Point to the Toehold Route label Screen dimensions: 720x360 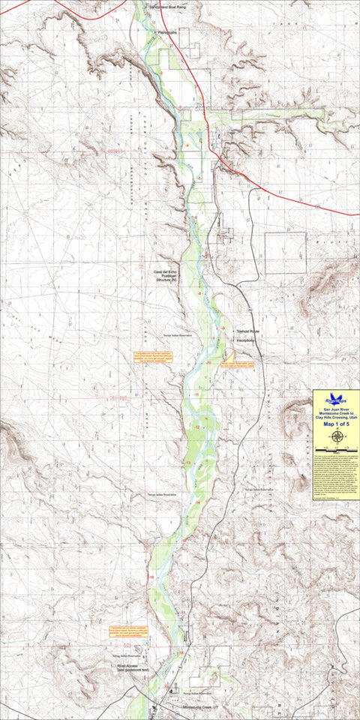pyautogui.click(x=247, y=331)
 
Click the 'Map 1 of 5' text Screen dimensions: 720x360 pyautogui.click(x=336, y=424)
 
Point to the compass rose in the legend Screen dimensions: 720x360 pyautogui.click(x=336, y=436)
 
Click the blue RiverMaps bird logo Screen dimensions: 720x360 pyautogui.click(x=336, y=400)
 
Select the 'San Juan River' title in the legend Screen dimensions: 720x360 pyautogui.click(x=336, y=409)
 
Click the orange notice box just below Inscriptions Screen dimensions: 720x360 pyautogui.click(x=241, y=364)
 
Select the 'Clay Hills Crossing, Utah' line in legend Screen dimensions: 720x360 pyautogui.click(x=336, y=417)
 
